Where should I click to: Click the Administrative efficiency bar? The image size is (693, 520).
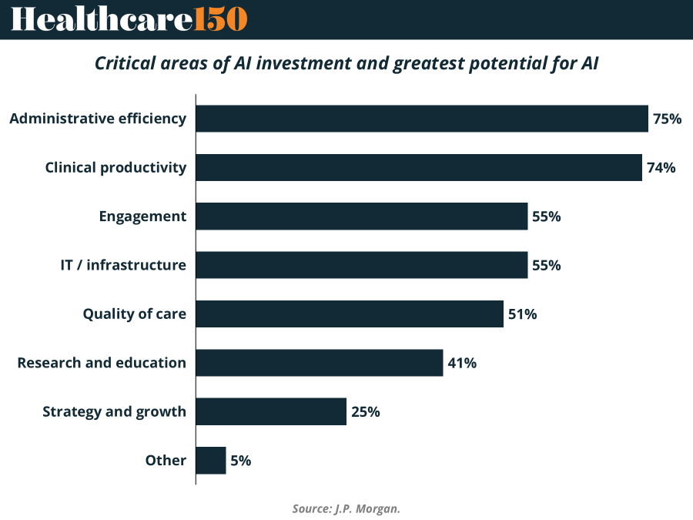click(422, 119)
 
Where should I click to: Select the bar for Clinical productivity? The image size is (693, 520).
click(419, 167)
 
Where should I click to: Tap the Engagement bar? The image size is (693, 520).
click(362, 216)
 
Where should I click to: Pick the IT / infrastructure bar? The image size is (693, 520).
click(362, 265)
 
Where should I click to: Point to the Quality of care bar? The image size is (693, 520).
click(350, 314)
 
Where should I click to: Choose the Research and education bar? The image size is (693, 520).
click(320, 363)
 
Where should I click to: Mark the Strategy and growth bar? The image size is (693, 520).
click(271, 411)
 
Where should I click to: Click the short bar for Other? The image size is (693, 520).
click(211, 461)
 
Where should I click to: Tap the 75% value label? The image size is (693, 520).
click(667, 119)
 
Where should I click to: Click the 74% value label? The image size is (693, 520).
click(661, 167)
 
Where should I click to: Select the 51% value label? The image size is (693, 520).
click(522, 314)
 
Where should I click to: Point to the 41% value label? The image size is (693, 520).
click(462, 363)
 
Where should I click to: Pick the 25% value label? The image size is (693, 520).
click(365, 411)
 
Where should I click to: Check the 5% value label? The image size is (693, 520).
click(240, 461)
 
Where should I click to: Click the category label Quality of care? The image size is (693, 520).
click(135, 314)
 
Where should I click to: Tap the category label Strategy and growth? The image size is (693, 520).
click(114, 411)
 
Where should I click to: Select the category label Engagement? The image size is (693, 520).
click(142, 216)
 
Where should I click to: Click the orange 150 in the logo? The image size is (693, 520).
click(220, 19)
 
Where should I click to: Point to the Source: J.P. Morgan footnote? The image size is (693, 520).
click(346, 508)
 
